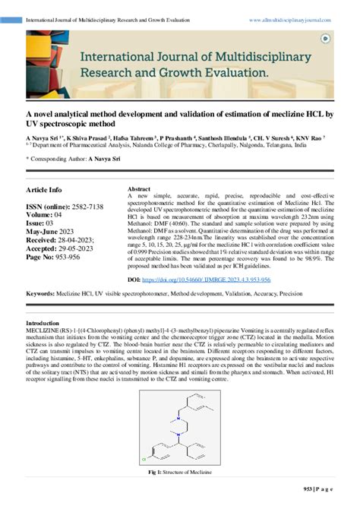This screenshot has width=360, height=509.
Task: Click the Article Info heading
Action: click(x=45, y=189)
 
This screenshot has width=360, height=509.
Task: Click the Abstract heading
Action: click(x=139, y=188)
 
